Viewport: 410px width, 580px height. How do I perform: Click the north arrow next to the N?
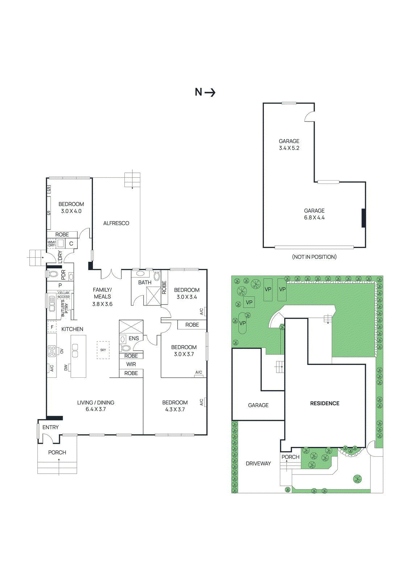pyautogui.click(x=210, y=92)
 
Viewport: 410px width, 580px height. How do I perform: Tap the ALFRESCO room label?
pyautogui.click(x=116, y=223)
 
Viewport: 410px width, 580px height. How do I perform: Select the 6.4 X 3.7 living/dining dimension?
pyautogui.click(x=96, y=409)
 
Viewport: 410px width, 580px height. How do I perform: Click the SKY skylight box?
pyautogui.click(x=103, y=350)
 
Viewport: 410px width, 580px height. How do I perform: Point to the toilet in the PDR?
pyautogui.click(x=53, y=274)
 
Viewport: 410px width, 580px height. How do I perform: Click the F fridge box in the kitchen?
pyautogui.click(x=52, y=327)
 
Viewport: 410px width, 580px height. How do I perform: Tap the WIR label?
pyautogui.click(x=131, y=364)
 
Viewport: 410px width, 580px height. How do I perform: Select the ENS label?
pyautogui.click(x=134, y=338)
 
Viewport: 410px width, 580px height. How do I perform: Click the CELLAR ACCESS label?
pyautogui.click(x=64, y=295)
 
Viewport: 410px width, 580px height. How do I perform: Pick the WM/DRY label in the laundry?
pyautogui.click(x=51, y=244)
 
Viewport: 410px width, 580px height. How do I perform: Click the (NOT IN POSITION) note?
pyautogui.click(x=314, y=257)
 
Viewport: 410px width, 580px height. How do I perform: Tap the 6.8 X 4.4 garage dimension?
pyautogui.click(x=314, y=217)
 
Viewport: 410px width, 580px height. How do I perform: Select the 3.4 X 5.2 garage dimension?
pyautogui.click(x=289, y=148)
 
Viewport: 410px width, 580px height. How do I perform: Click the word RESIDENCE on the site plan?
pyautogui.click(x=325, y=403)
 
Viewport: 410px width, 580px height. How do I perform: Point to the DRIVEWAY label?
pyautogui.click(x=258, y=464)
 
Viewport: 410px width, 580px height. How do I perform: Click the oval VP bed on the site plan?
pyautogui.click(x=243, y=323)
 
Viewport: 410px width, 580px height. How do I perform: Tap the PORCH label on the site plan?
pyautogui.click(x=290, y=457)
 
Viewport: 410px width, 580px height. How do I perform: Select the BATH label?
pyautogui.click(x=145, y=282)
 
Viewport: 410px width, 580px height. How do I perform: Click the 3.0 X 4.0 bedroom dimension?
pyautogui.click(x=71, y=211)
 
